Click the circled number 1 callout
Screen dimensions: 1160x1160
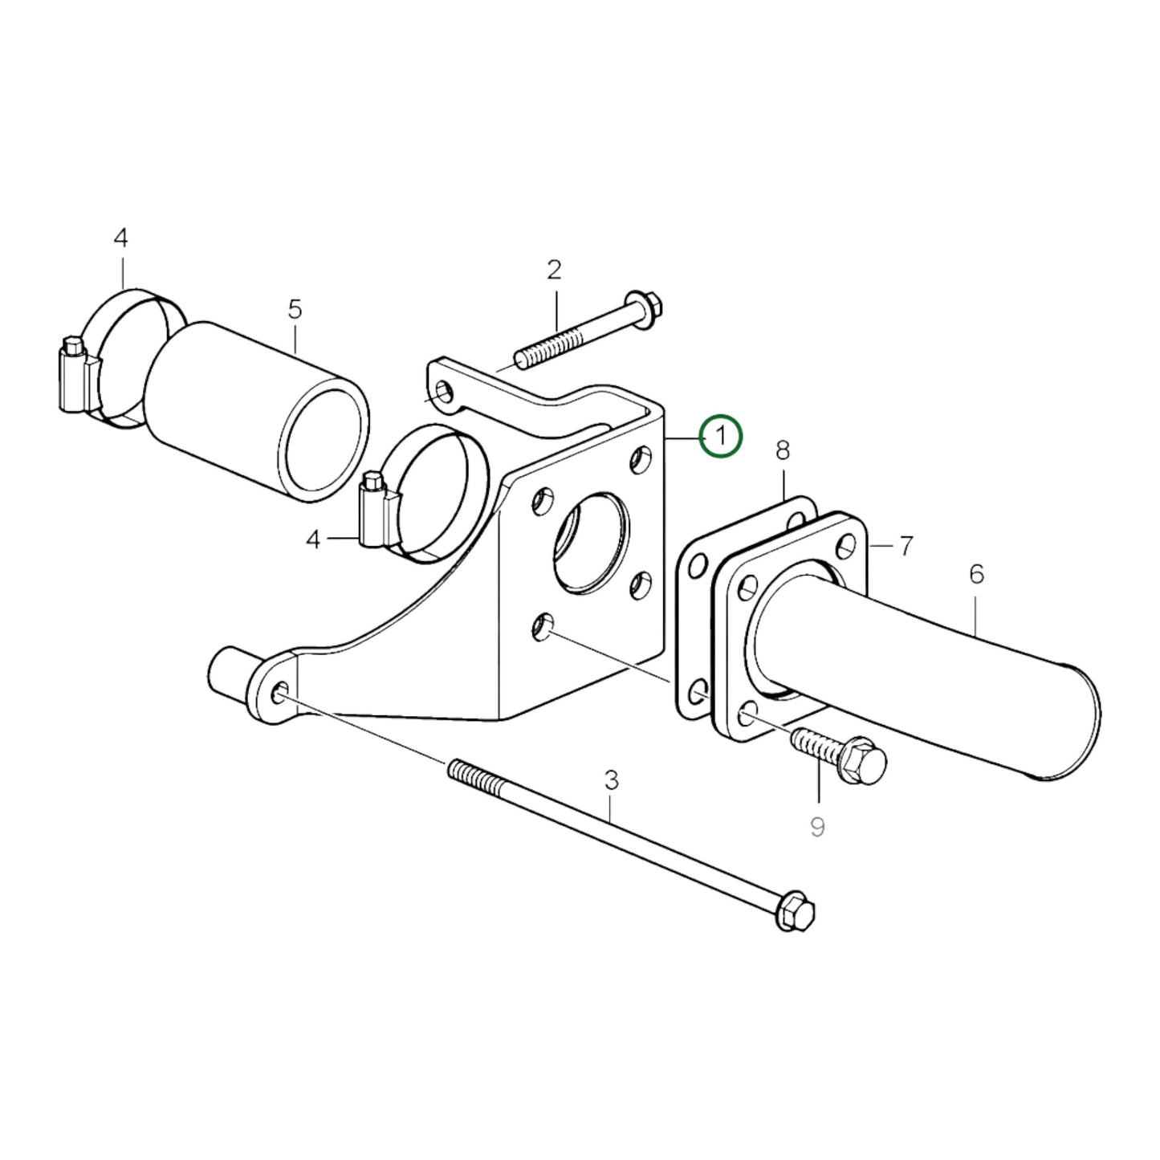720,437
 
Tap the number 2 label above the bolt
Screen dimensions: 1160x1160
554,271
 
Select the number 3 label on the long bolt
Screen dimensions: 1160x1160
611,779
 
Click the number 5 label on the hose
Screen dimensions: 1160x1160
295,308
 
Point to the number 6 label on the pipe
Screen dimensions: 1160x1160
976,574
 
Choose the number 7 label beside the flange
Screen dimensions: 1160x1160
906,547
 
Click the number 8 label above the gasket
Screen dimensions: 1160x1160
783,451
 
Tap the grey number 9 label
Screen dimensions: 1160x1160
817,826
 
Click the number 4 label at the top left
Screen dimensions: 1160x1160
120,238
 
